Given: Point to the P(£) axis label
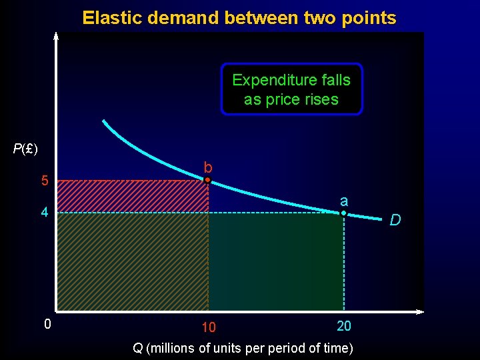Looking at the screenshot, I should [x=25, y=148].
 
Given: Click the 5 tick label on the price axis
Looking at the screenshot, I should [x=45, y=181].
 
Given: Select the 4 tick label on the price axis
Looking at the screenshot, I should [x=45, y=213].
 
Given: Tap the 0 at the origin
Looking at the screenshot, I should [x=47, y=325].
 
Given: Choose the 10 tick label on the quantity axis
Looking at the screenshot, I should [x=208, y=327].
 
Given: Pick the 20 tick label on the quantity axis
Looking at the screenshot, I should [x=344, y=325].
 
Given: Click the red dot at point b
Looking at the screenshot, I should [x=208, y=180].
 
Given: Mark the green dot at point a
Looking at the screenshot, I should [x=343, y=213].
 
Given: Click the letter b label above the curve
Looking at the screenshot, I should [x=208, y=167].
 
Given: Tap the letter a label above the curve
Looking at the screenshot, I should [x=343, y=201].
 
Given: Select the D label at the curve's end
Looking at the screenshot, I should [x=395, y=219].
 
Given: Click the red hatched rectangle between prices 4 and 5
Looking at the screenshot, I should [x=133, y=197].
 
